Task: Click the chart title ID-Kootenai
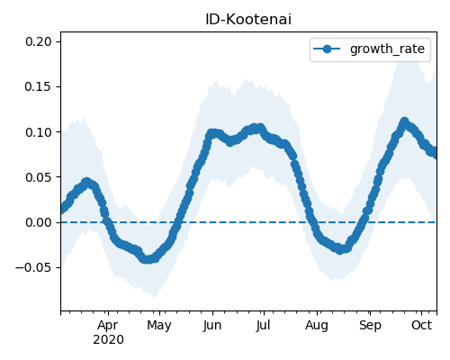[248, 20]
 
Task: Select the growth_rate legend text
[387, 49]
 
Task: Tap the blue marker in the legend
[327, 49]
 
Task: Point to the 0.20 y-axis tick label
[39, 41]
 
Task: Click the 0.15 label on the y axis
[39, 86]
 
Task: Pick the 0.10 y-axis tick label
[39, 132]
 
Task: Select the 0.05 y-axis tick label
[39, 177]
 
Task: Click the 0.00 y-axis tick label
[39, 222]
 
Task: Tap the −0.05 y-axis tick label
[34, 267]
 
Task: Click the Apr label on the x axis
[108, 326]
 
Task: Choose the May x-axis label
[159, 326]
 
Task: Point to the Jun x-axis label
[212, 326]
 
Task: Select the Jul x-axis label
[263, 326]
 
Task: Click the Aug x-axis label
[317, 326]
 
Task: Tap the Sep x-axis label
[370, 326]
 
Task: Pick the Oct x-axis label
[421, 325]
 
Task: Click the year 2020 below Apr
[108, 340]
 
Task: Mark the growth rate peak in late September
[404, 121]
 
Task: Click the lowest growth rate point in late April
[146, 259]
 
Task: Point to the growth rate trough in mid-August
[339, 249]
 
